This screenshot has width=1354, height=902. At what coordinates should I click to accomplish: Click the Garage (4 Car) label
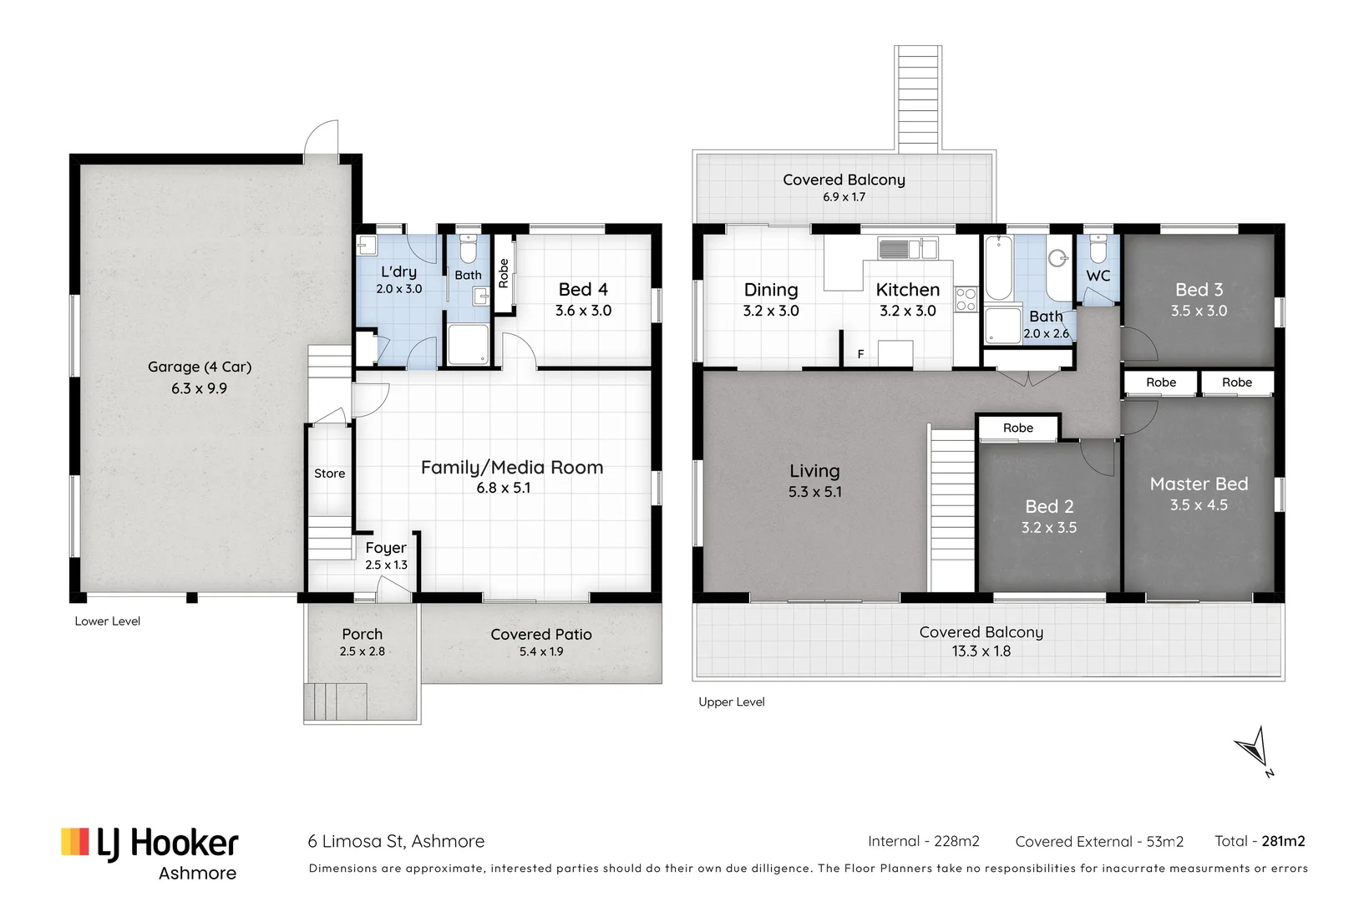(x=199, y=367)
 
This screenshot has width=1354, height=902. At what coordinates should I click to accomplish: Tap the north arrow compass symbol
(x=1255, y=749)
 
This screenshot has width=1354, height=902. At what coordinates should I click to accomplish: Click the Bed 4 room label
(x=583, y=290)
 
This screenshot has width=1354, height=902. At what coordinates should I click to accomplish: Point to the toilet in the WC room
(x=1098, y=249)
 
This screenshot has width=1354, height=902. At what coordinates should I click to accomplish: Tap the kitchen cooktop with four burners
(x=966, y=299)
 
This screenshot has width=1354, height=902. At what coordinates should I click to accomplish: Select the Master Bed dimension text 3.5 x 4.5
(x=1199, y=505)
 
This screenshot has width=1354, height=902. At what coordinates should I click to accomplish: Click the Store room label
(x=329, y=474)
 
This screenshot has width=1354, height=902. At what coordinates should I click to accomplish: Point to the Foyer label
(x=386, y=548)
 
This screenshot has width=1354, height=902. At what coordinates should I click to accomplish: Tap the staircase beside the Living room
(x=952, y=509)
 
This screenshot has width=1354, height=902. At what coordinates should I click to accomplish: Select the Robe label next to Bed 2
(x=1017, y=428)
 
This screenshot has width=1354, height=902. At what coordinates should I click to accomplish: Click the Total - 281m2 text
(x=1259, y=841)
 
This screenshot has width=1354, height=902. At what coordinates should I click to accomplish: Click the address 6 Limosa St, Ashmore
(x=396, y=841)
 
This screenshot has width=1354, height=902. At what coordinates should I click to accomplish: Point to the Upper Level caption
(x=731, y=702)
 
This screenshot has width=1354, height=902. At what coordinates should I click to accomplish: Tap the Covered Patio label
(x=541, y=635)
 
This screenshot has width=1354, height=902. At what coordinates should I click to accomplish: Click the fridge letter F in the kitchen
(x=860, y=354)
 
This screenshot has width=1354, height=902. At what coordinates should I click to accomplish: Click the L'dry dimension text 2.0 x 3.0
(x=398, y=289)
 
